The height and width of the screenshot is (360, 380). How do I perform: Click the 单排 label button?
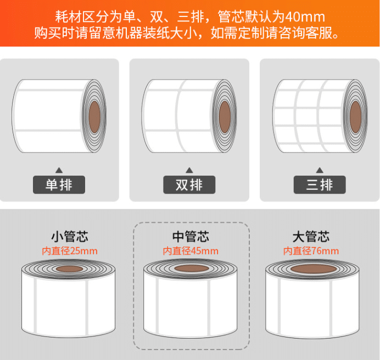[x=59, y=184]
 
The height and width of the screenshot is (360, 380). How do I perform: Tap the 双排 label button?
[x=189, y=184]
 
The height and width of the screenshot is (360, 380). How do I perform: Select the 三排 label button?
[x=320, y=184]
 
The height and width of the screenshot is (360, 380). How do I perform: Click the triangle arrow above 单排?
[x=59, y=170]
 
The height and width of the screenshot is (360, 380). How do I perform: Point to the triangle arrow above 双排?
[x=189, y=170]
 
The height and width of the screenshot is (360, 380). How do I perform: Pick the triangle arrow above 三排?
[x=320, y=170]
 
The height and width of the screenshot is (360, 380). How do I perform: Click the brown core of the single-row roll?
[x=94, y=117]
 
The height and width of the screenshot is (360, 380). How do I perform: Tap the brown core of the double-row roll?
[x=225, y=117]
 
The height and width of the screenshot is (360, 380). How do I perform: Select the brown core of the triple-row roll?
[x=355, y=117]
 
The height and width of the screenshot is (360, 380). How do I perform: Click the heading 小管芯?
[x=70, y=237]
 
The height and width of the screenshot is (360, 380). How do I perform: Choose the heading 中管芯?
[x=191, y=237]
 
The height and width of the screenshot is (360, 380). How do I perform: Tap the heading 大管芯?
[x=311, y=237]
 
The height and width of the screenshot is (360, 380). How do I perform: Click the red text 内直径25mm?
[x=70, y=251]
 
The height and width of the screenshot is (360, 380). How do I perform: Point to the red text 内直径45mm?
[x=191, y=251]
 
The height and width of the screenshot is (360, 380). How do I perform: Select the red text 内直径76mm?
[x=311, y=251]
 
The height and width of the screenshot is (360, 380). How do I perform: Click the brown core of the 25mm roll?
[x=69, y=269]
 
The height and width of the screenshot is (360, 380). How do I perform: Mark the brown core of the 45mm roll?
[x=192, y=268]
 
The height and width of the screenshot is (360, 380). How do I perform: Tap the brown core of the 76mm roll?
[x=314, y=268]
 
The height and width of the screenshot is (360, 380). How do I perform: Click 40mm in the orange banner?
[x=305, y=17]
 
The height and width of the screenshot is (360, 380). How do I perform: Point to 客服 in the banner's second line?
[x=318, y=33]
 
